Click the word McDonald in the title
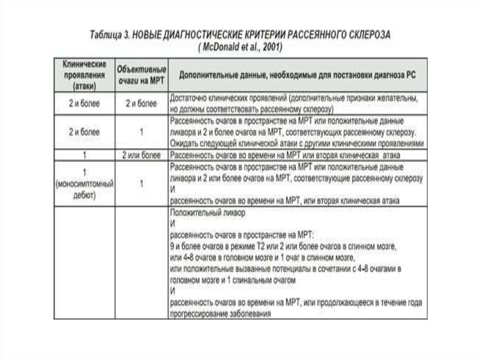pos(221,47)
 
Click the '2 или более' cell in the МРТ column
pos(141,154)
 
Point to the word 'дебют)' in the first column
pos(85,195)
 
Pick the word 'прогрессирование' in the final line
pos(198,314)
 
